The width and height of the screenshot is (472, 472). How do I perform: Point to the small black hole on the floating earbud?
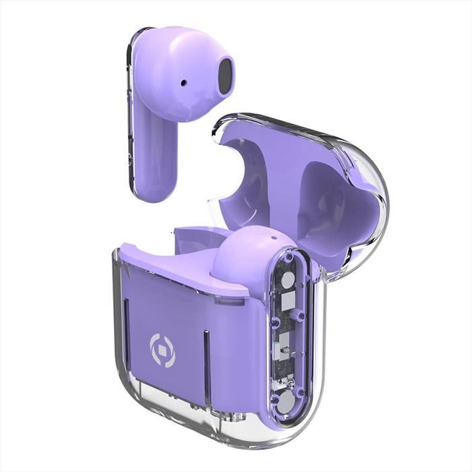pyautogui.click(x=183, y=83)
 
